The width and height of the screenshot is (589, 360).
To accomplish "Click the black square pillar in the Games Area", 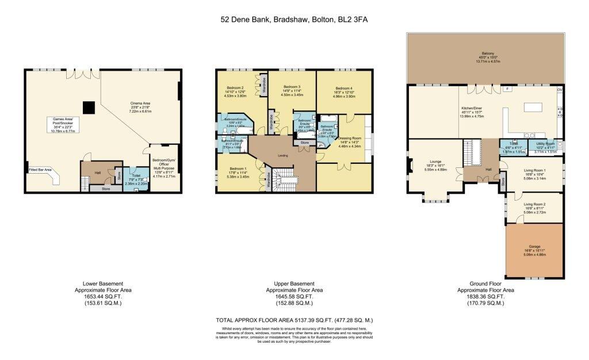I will point(88,108).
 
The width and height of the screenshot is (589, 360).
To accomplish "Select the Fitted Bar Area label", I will point(40,170).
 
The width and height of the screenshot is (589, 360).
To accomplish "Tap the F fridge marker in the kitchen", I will point(507,89).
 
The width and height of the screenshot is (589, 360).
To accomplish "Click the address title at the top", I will point(294,20).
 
